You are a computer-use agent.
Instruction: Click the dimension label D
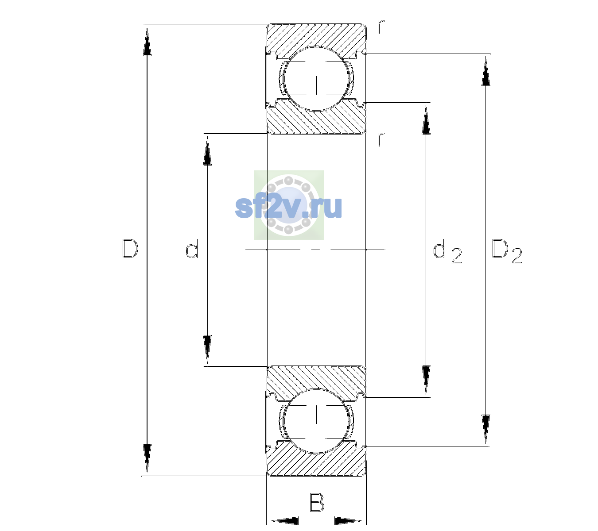(130, 249)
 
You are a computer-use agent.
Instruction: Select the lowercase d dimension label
(192, 249)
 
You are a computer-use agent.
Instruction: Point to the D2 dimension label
(507, 251)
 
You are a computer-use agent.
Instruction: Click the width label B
(317, 502)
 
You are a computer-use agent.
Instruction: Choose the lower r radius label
(381, 139)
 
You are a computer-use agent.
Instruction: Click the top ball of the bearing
(316, 79)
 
